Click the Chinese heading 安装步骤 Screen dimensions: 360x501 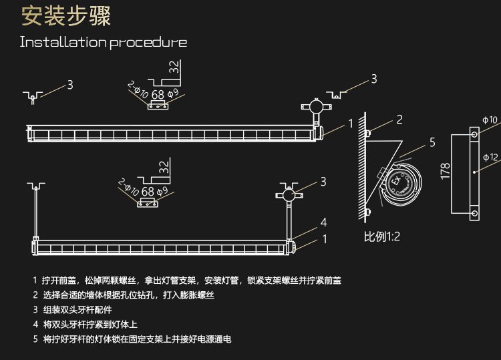66,16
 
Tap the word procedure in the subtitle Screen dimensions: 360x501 148,43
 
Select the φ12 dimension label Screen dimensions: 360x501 490,158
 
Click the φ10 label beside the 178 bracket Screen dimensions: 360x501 490,120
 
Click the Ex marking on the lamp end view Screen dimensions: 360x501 395,180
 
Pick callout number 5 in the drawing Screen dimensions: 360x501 432,142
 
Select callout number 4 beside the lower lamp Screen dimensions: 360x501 323,222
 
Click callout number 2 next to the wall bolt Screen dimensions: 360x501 399,120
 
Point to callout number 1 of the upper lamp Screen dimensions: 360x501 351,124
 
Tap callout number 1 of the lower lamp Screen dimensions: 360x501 324,238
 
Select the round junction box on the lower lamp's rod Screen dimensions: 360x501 289,195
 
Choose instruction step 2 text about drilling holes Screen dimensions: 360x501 128,295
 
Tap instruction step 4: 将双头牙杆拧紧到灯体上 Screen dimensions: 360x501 91,325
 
